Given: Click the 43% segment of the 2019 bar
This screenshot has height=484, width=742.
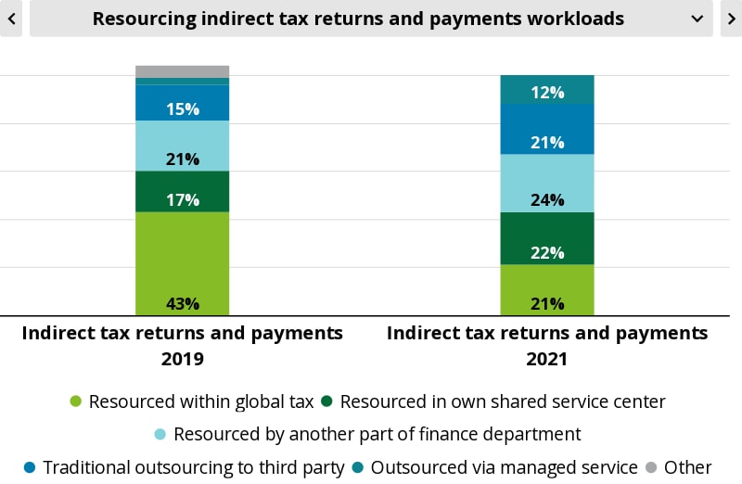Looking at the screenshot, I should [x=182, y=264].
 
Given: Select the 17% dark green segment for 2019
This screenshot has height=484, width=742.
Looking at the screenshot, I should [x=182, y=192].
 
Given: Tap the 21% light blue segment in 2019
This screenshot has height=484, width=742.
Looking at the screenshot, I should [x=182, y=146].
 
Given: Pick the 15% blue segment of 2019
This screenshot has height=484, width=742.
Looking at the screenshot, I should [x=182, y=103].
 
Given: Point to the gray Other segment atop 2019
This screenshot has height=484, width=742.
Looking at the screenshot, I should [x=182, y=71].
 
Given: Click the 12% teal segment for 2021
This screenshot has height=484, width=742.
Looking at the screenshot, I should [x=546, y=90].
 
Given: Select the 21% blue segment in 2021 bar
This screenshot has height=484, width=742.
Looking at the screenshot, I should [x=546, y=129].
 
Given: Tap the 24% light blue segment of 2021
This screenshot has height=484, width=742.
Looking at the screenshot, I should [x=546, y=184].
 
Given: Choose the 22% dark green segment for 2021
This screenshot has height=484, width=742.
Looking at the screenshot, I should [x=546, y=238].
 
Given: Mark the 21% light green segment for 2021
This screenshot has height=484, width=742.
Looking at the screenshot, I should [x=546, y=290].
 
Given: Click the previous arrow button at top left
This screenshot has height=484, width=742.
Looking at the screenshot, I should [x=10, y=19].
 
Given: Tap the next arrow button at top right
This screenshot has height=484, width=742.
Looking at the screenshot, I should [x=731, y=19].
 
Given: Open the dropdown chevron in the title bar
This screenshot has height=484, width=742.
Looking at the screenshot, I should [x=697, y=19].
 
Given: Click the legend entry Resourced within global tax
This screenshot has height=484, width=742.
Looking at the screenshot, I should [x=192, y=401].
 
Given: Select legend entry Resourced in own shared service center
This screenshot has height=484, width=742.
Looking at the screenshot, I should [x=493, y=401].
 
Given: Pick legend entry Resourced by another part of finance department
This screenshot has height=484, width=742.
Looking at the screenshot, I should [x=366, y=434].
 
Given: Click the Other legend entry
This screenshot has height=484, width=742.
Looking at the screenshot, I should [x=678, y=467].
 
